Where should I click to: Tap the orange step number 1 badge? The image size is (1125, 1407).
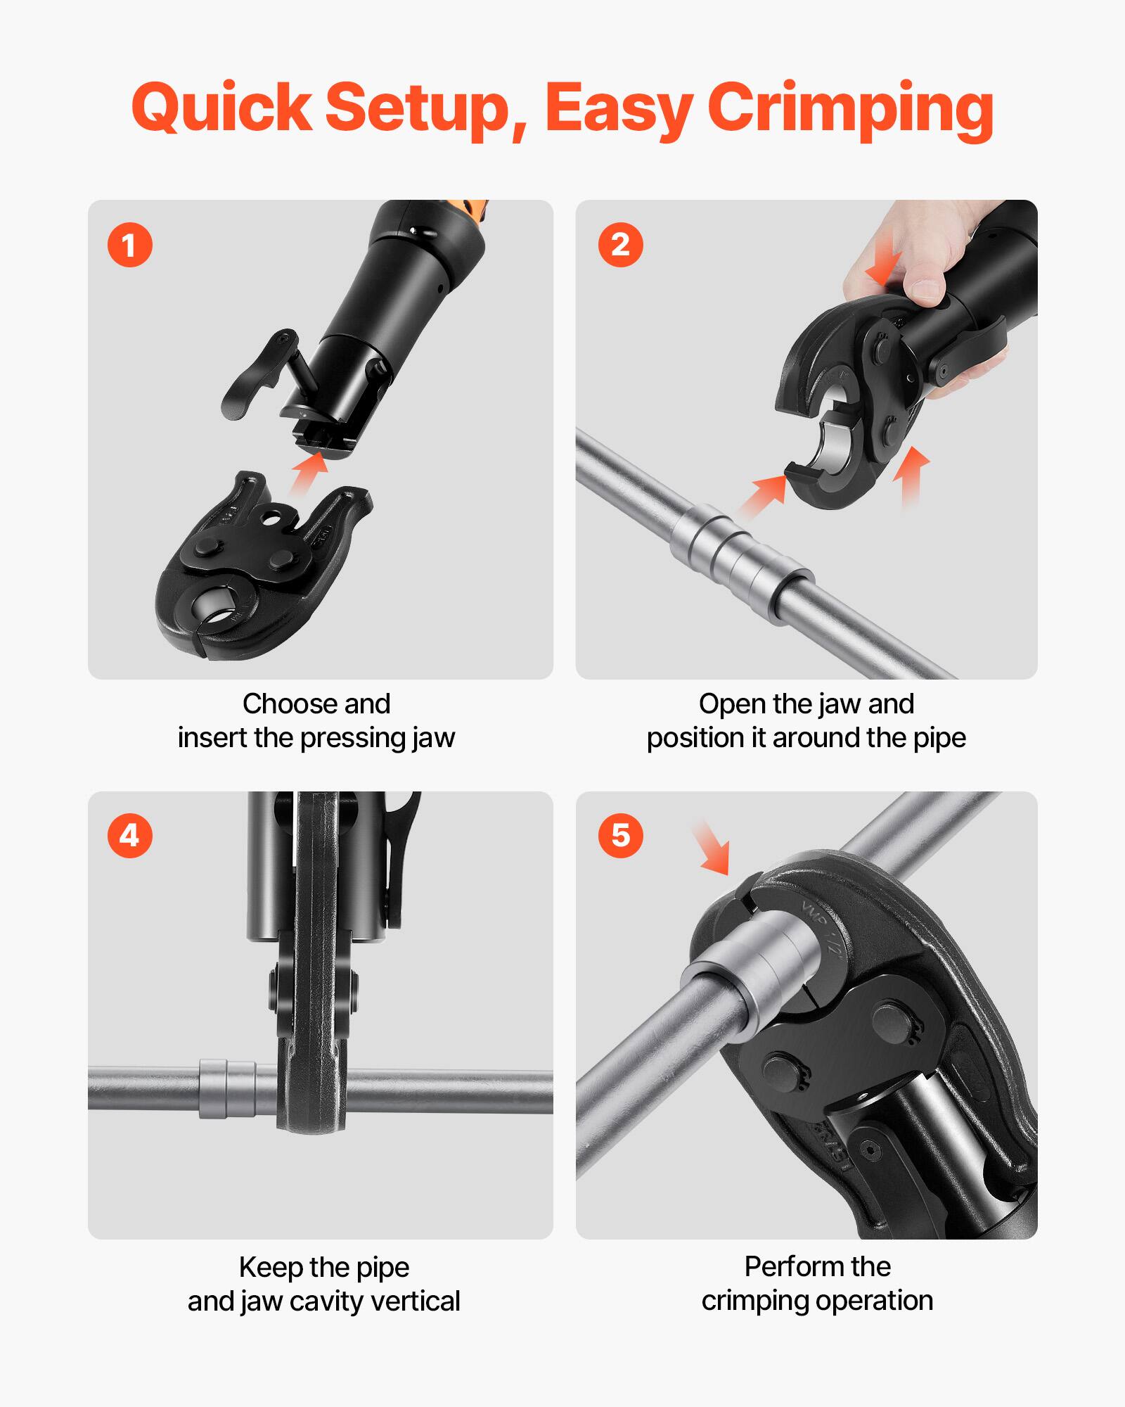coord(129,246)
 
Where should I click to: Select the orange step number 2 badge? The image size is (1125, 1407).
coord(620,245)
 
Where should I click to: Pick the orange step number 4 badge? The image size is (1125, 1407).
coord(129,836)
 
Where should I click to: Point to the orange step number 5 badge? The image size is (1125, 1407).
coord(620,836)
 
